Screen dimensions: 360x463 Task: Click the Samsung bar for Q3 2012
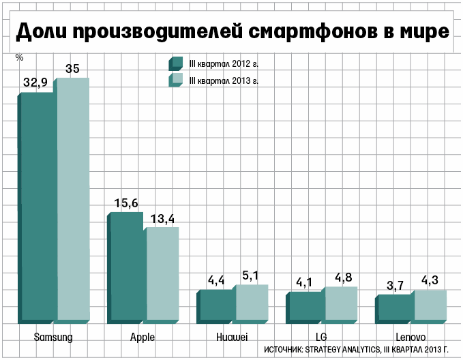pyautogui.click(x=38, y=205)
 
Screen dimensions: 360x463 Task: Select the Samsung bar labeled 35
pyautogui.click(x=73, y=198)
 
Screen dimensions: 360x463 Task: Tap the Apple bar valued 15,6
pyautogui.click(x=128, y=266)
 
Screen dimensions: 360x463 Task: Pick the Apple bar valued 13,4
pyautogui.click(x=162, y=273)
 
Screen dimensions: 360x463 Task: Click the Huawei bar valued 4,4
pyautogui.click(x=218, y=305)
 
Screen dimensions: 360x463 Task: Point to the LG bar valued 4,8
pyautogui.click(x=341, y=303)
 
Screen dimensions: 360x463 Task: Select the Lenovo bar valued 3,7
pyautogui.click(x=396, y=307)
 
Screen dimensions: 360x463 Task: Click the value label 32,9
pyautogui.click(x=35, y=82)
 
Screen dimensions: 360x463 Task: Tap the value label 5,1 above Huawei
pyautogui.click(x=251, y=275)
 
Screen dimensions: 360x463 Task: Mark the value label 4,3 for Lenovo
pyautogui.click(x=430, y=280)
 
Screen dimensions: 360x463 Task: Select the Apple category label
pyautogui.click(x=143, y=337)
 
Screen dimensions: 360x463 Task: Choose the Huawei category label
pyautogui.click(x=232, y=337)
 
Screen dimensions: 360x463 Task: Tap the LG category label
pyautogui.click(x=322, y=337)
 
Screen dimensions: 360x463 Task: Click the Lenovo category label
pyautogui.click(x=410, y=337)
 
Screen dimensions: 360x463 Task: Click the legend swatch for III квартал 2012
pyautogui.click(x=175, y=63)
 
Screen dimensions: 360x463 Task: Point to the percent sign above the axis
pyautogui.click(x=19, y=57)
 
